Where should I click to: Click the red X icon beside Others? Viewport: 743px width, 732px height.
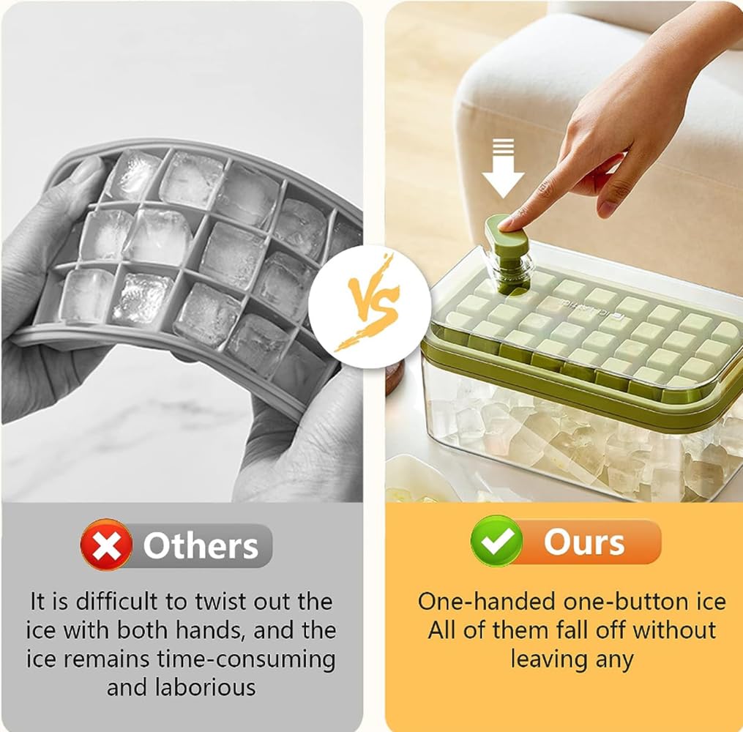pyautogui.click(x=106, y=545)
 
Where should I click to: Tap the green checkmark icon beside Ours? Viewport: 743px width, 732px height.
pyautogui.click(x=496, y=541)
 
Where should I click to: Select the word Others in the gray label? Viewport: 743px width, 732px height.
pyautogui.click(x=201, y=546)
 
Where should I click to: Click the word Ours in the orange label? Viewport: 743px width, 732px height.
pyautogui.click(x=584, y=542)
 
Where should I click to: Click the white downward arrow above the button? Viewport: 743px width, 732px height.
pyautogui.click(x=503, y=168)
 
